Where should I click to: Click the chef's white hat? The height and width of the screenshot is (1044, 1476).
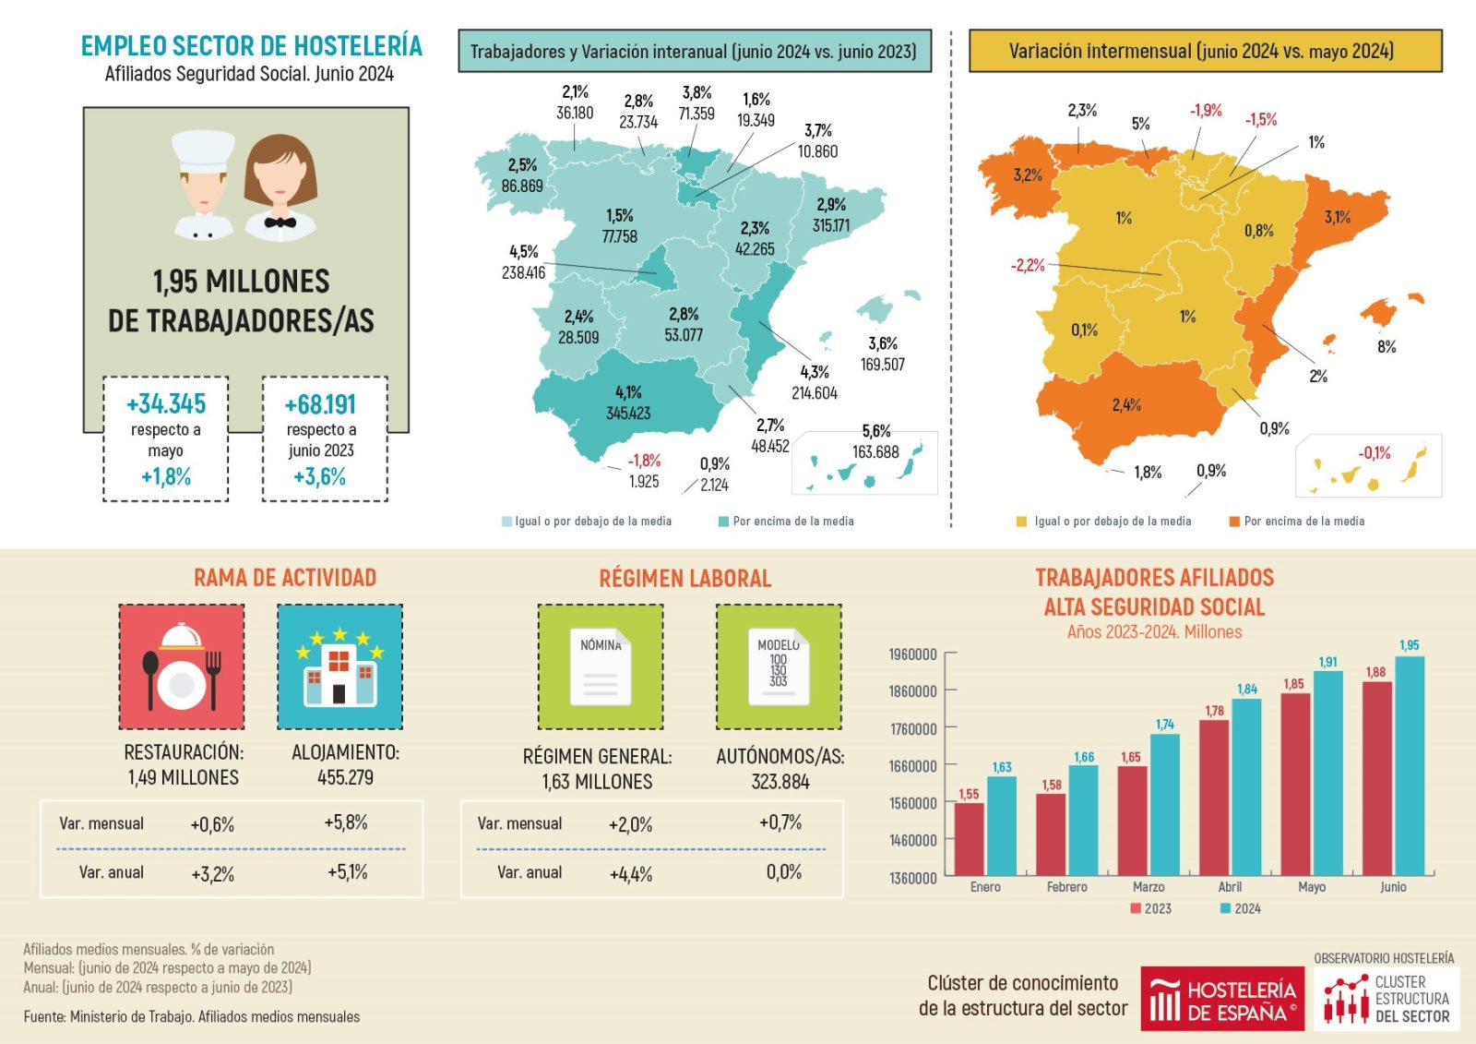pyautogui.click(x=204, y=150)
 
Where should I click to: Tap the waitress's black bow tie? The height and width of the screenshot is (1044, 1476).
pyautogui.click(x=280, y=222)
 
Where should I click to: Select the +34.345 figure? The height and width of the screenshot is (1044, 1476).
pyautogui.click(x=166, y=404)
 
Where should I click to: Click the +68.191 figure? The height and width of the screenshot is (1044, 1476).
pyautogui.click(x=320, y=404)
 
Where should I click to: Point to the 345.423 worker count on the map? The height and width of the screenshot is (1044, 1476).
pyautogui.click(x=628, y=414)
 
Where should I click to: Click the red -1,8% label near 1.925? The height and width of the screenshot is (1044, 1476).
pyautogui.click(x=644, y=461)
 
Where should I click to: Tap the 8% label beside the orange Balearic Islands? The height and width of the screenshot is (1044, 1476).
pyautogui.click(x=1387, y=347)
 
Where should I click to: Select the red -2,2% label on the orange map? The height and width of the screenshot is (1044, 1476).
pyautogui.click(x=1028, y=266)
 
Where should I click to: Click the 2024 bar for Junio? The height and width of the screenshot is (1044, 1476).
pyautogui.click(x=1409, y=765)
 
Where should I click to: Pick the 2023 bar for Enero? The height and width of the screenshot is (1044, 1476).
pyautogui.click(x=969, y=839)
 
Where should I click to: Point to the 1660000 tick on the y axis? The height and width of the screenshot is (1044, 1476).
pyautogui.click(x=912, y=766)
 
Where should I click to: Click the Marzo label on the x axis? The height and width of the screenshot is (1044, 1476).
pyautogui.click(x=1149, y=887)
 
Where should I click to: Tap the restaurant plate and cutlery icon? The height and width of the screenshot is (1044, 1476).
pyautogui.click(x=182, y=666)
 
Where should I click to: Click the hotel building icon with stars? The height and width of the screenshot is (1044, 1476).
pyautogui.click(x=339, y=666)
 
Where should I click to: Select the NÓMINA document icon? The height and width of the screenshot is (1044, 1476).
pyautogui.click(x=601, y=666)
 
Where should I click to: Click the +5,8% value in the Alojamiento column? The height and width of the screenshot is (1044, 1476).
pyautogui.click(x=346, y=822)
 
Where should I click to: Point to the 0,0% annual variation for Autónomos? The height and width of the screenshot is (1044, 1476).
pyautogui.click(x=783, y=872)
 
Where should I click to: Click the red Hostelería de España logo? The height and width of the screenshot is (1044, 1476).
pyautogui.click(x=1221, y=999)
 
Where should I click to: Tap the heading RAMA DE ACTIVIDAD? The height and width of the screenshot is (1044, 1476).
pyautogui.click(x=285, y=578)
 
